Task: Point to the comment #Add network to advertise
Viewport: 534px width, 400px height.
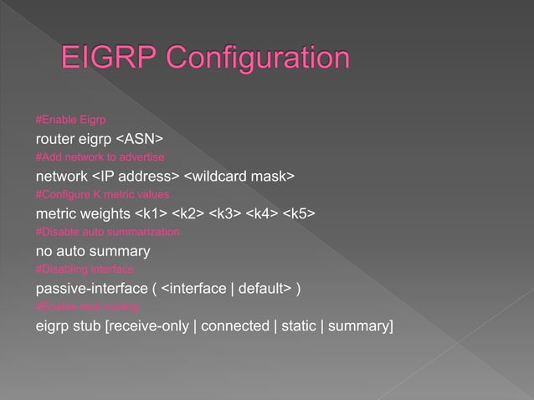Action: (100, 157)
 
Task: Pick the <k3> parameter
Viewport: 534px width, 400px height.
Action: (225, 213)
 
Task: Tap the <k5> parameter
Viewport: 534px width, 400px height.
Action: (299, 213)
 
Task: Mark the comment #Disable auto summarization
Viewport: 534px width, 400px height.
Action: (107, 232)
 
